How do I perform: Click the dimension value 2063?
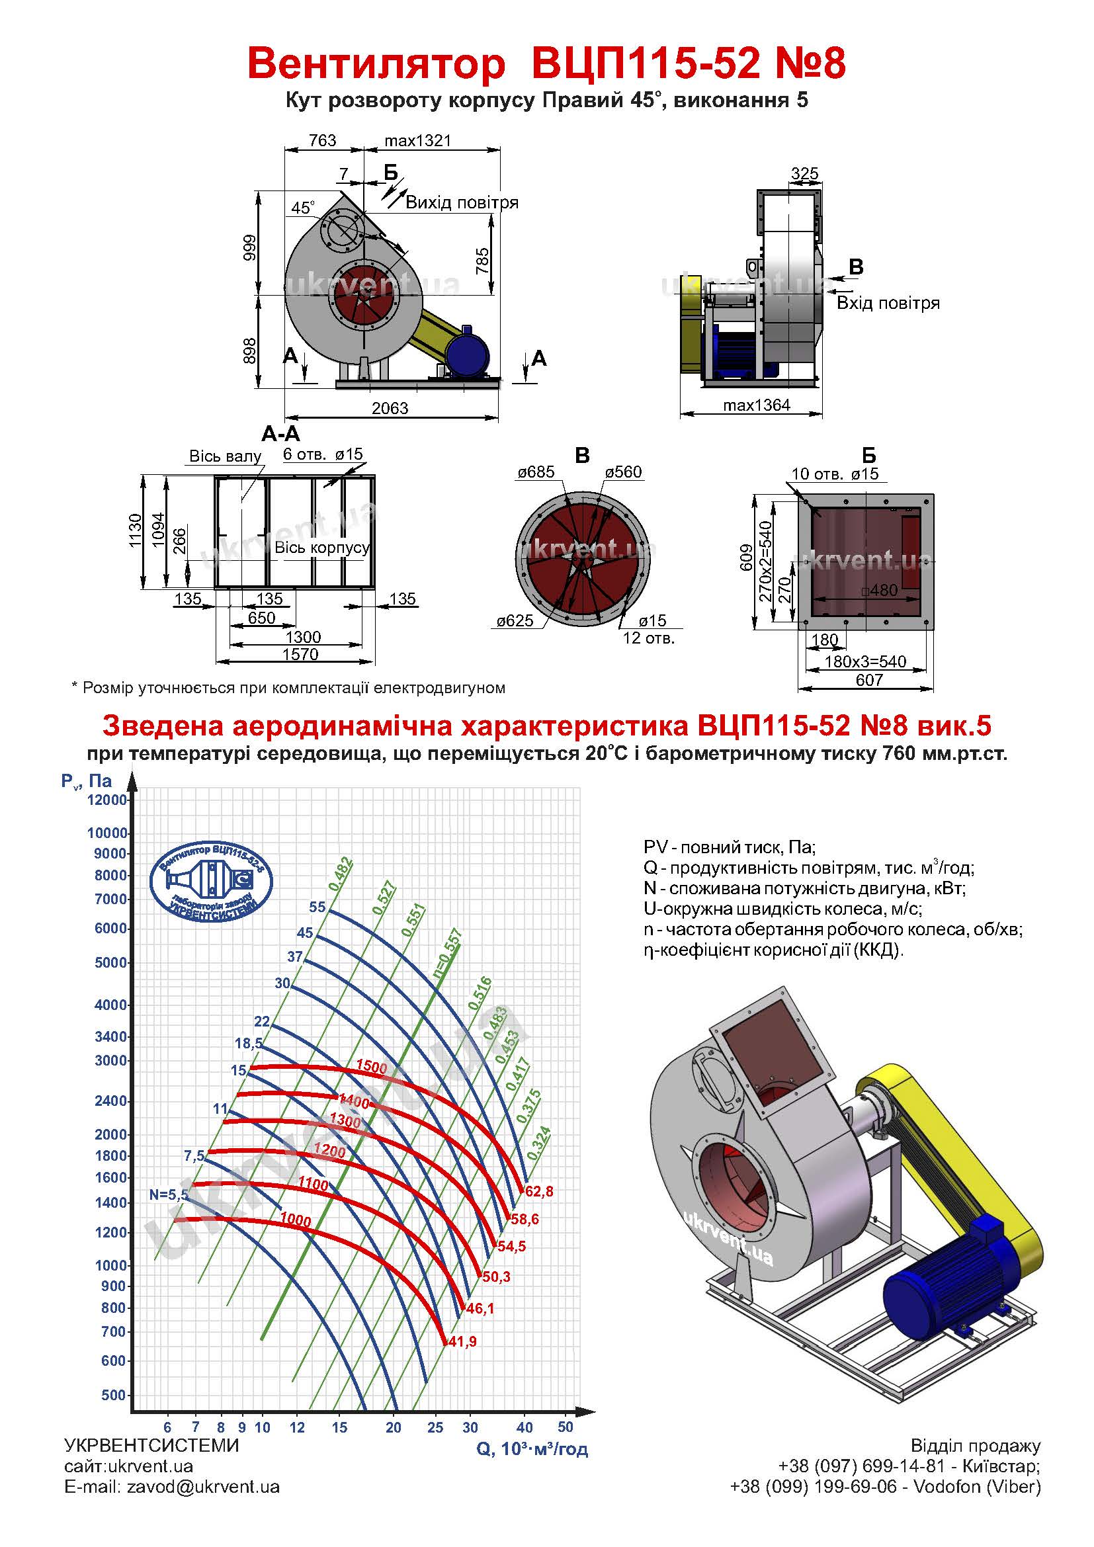[390, 408]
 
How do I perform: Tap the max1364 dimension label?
[757, 405]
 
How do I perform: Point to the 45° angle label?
[303, 208]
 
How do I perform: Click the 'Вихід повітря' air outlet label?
[462, 203]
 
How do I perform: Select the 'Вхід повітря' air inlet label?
[888, 302]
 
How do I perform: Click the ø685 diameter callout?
[536, 472]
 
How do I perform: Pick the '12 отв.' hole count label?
[648, 638]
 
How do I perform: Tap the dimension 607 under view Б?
[869, 680]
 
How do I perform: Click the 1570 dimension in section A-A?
[300, 654]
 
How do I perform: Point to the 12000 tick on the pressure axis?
[107, 800]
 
